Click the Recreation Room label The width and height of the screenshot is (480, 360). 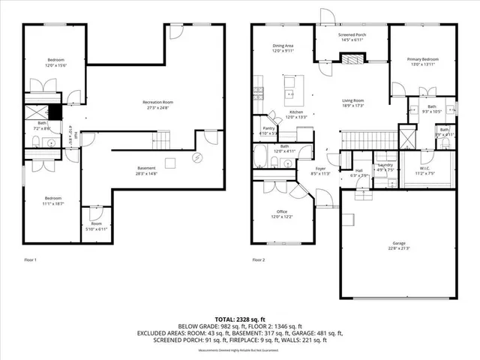pos(158,102)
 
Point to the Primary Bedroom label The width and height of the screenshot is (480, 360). pos(422,58)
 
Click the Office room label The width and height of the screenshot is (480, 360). pos(282,211)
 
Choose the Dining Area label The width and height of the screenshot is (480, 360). pos(283,46)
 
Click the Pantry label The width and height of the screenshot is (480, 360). pos(268,128)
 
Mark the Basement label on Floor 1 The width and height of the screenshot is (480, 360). pos(146,168)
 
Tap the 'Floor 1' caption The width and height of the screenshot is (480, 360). pos(30,259)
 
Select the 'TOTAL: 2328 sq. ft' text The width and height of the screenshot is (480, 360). pos(239,319)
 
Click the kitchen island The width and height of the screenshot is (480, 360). pos(289,94)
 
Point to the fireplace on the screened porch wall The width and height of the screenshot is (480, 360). pos(351,64)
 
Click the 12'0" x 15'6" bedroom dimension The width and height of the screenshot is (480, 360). pos(56,65)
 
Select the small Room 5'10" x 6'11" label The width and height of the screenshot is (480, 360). pos(96,227)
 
